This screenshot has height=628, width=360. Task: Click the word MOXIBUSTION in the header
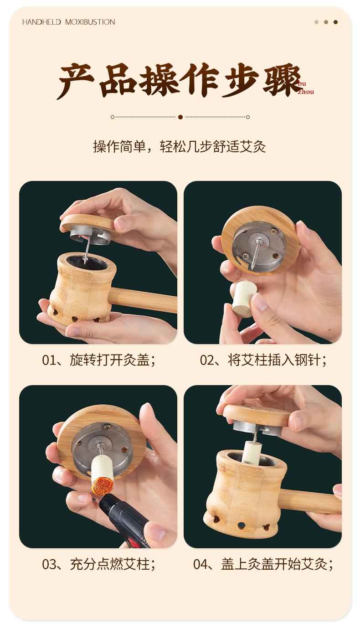90,22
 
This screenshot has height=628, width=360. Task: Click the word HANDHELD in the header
41,22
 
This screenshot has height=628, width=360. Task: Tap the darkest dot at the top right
335,22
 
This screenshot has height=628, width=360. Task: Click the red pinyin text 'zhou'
306,92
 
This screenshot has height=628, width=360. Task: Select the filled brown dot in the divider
180,117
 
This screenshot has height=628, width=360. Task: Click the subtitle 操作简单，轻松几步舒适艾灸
180,146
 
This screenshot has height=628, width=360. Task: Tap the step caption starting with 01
99,360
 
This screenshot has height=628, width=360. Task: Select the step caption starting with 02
263,360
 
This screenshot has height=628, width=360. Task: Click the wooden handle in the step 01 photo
143,299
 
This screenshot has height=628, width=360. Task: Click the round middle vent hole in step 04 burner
240,524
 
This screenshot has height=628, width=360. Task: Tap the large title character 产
76,81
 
